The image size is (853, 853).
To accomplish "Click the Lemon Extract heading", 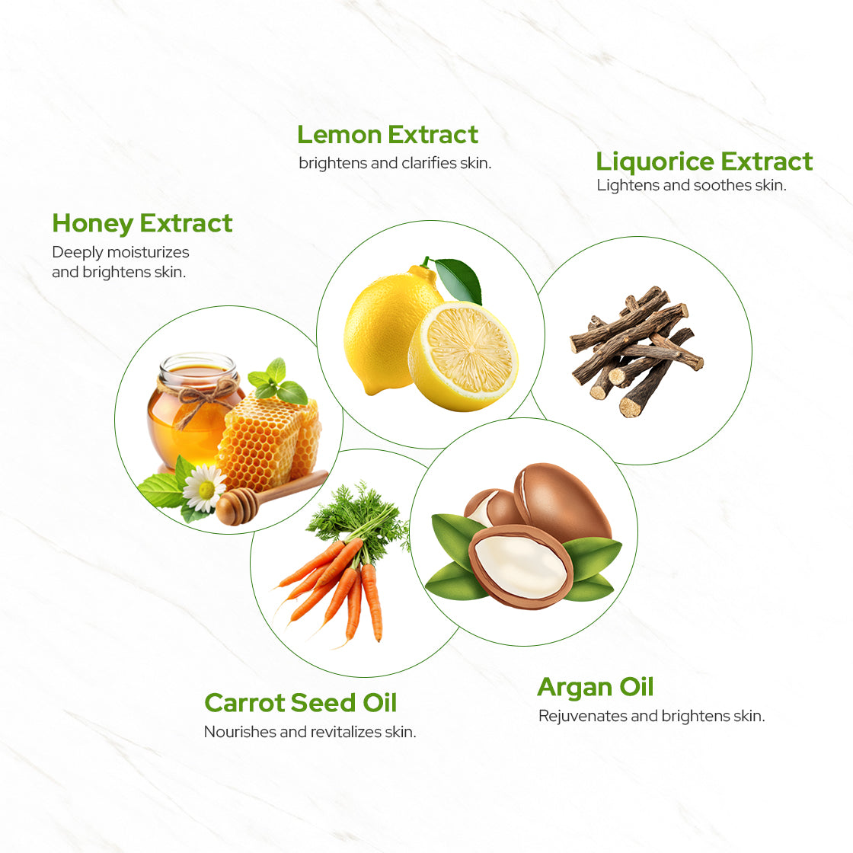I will [388, 135].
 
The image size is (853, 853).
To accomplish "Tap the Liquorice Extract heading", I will [704, 161].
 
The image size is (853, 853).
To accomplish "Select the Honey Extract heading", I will [142, 223].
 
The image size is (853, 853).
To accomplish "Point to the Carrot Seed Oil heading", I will [301, 702].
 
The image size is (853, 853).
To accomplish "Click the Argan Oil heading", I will [596, 687].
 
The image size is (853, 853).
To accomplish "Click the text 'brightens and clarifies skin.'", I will [395, 163].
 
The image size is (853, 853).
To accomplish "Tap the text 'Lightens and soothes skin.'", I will [692, 185].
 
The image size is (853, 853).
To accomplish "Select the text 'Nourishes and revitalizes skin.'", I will [310, 732].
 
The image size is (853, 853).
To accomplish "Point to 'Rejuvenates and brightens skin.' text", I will [652, 716].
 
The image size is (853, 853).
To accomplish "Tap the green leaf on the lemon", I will [459, 279].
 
